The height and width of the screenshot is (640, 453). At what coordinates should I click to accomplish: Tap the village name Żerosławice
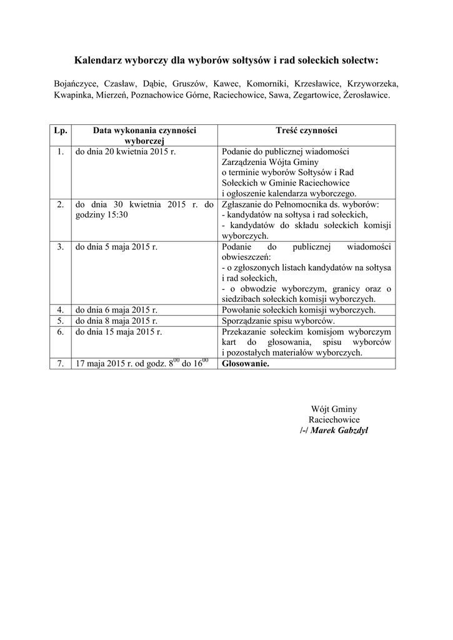pyautogui.click(x=367, y=96)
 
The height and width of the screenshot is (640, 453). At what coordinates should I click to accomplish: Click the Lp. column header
pyautogui.click(x=61, y=131)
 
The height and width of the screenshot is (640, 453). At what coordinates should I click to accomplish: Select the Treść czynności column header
pyautogui.click(x=306, y=131)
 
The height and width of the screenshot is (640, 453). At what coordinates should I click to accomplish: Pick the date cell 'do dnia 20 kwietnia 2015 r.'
pyautogui.click(x=117, y=152)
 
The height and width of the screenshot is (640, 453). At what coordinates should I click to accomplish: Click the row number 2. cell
pyautogui.click(x=61, y=204)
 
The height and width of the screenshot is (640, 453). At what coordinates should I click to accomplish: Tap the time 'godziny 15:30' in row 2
pyautogui.click(x=102, y=214)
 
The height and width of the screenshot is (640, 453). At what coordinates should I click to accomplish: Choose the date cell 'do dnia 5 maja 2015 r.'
pyautogui.click(x=116, y=246)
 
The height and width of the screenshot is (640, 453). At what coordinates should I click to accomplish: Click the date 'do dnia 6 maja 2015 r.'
pyautogui.click(x=116, y=309)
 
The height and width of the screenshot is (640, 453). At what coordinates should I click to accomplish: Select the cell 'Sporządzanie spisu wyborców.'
pyautogui.click(x=278, y=321)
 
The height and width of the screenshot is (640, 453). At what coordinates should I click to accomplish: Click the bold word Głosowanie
pyautogui.click(x=246, y=364)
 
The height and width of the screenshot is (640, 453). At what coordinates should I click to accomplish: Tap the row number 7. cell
pyautogui.click(x=61, y=364)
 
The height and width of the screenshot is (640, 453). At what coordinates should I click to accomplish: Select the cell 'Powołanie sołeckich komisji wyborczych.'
pyautogui.click(x=299, y=309)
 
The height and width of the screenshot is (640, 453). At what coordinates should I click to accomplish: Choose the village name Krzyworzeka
pyautogui.click(x=374, y=83)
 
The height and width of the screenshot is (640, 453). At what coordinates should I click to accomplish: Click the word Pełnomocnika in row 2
pyautogui.click(x=294, y=204)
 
